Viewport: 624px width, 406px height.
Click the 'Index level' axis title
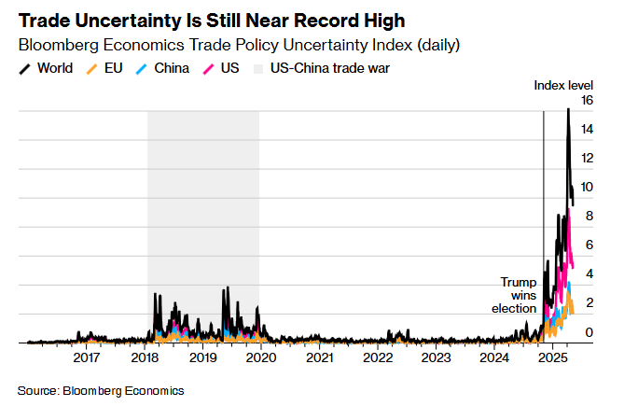coord(563,85)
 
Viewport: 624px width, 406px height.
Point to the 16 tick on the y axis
coord(587,100)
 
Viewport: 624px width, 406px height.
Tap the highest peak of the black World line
coord(568,110)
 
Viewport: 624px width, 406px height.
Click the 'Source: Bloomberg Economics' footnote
coord(101,390)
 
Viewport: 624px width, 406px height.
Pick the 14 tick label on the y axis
coord(587,129)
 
